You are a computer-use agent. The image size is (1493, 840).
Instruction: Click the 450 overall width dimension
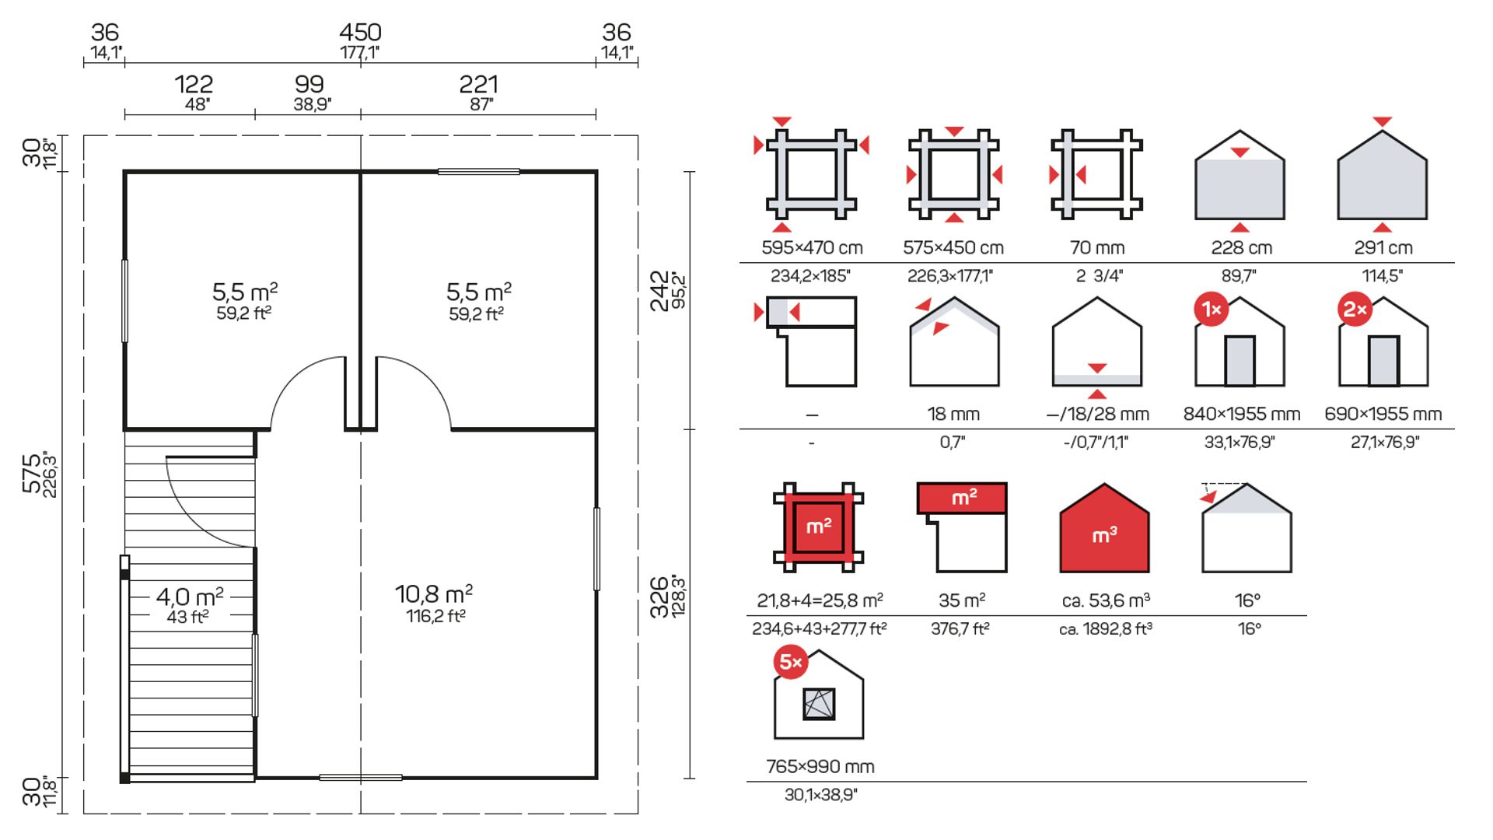360,33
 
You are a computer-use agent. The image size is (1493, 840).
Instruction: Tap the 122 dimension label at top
194,84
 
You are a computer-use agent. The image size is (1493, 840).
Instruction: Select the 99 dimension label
309,84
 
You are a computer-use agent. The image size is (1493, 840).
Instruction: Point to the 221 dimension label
478,84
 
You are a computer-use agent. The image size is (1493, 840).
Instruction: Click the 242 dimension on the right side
659,291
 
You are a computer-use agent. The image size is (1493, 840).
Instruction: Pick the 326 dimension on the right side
659,597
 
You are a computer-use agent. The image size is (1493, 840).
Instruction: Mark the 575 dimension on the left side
32,474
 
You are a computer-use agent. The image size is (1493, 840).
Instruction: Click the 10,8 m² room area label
434,594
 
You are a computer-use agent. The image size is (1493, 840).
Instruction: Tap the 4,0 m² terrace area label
190,597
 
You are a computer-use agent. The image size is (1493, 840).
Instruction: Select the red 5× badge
791,662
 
